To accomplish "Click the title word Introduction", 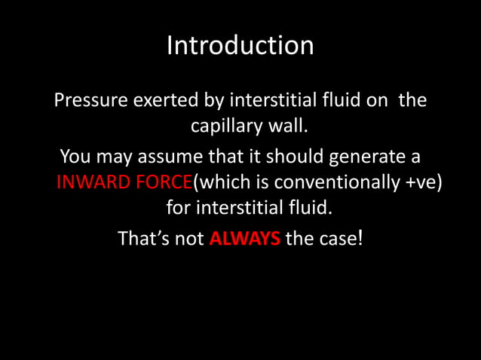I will (x=240, y=45).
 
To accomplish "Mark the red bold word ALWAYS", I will (x=244, y=240).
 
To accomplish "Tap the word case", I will (x=339, y=240).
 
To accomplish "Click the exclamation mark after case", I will (x=361, y=239).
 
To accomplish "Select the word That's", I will (x=145, y=240).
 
